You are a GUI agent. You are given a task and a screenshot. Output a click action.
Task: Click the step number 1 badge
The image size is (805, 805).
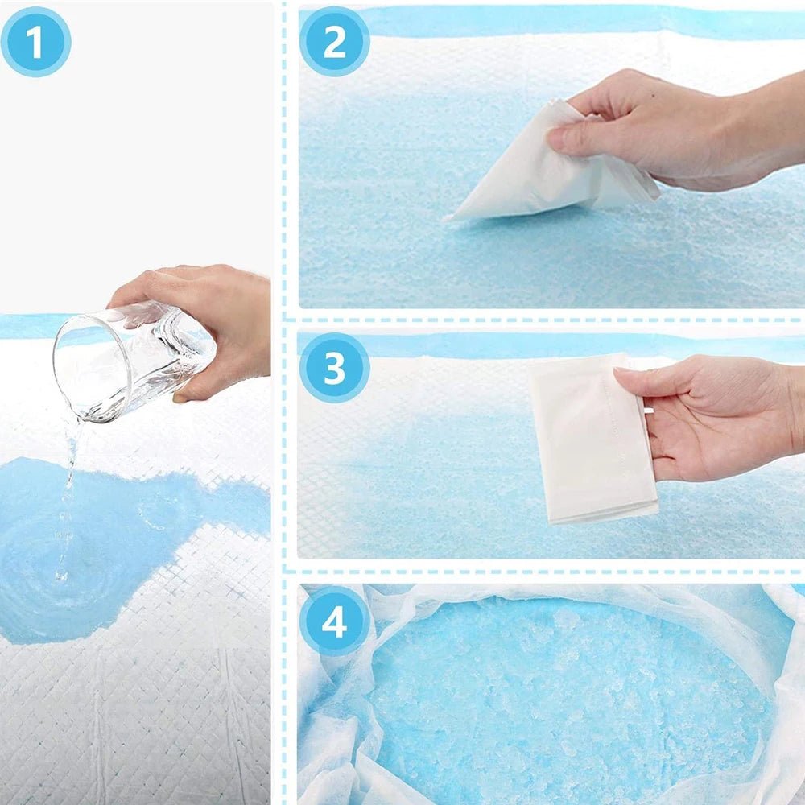[35, 42]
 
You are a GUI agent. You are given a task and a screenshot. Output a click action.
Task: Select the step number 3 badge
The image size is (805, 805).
[334, 368]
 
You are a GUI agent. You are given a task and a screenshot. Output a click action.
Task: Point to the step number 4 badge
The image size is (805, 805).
[334, 621]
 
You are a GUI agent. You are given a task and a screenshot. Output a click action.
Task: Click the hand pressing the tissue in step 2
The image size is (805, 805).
[684, 129]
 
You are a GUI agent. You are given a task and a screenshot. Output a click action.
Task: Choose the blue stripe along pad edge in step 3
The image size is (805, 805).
[483, 345]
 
